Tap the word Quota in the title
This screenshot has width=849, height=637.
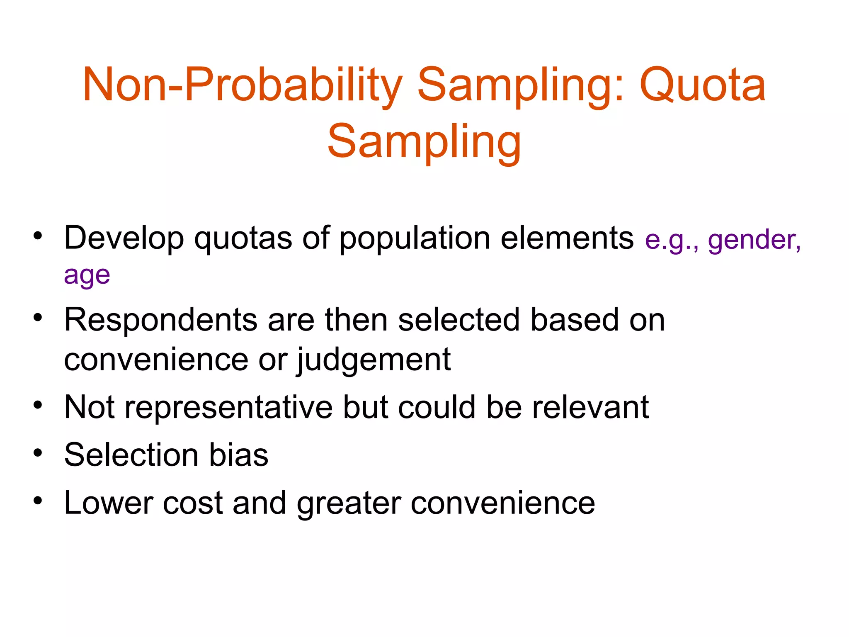pyautogui.click(x=703, y=85)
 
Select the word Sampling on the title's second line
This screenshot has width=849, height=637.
pyautogui.click(x=424, y=142)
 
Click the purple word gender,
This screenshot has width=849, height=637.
pyautogui.click(x=754, y=241)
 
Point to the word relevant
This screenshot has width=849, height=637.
pyautogui.click(x=590, y=407)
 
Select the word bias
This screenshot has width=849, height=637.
pyautogui.click(x=238, y=455)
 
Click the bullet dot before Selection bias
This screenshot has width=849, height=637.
pyautogui.click(x=38, y=453)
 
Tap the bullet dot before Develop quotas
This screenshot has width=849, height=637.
pyautogui.click(x=38, y=236)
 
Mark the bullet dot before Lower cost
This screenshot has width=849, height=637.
pyautogui.click(x=38, y=501)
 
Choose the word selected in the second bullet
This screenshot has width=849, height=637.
pyautogui.click(x=458, y=320)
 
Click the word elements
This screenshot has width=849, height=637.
pyautogui.click(x=567, y=238)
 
